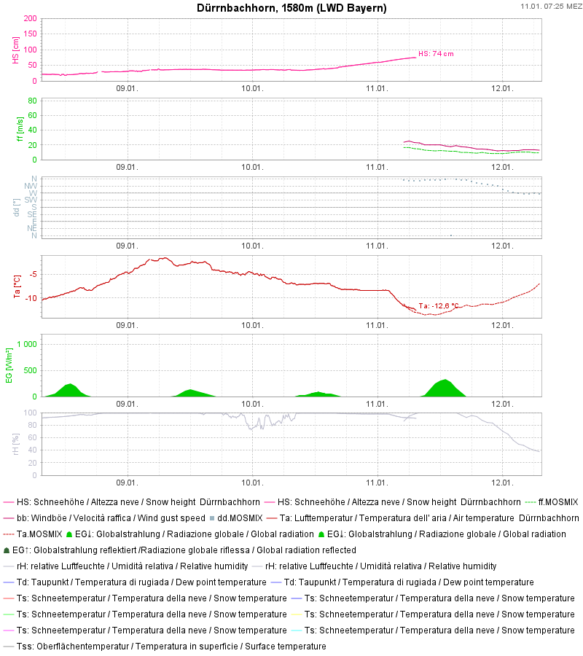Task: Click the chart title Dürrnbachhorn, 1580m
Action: pos(291,8)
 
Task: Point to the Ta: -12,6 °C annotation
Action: pos(439,305)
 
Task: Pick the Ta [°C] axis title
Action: pos(15,286)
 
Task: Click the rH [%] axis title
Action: pos(15,443)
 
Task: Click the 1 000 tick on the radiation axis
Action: pos(27,344)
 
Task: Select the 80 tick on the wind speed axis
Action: pos(32,101)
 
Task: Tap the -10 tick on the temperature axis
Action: pos(31,298)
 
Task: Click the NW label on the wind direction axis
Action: pos(32,186)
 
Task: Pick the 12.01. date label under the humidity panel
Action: pos(503,482)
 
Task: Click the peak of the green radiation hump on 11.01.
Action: pos(445,380)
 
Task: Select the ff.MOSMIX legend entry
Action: pos(557,502)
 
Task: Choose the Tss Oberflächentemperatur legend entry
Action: pos(171,647)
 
